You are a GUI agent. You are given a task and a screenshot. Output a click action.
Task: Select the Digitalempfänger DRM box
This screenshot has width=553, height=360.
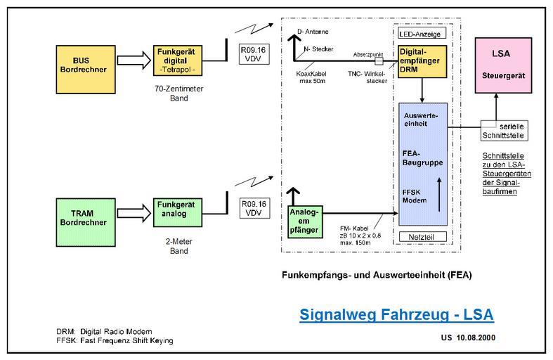420,62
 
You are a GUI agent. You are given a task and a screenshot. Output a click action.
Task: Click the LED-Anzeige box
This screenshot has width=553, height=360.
421,33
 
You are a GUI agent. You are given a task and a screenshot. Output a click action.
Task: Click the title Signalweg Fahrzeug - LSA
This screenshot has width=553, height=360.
396,313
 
